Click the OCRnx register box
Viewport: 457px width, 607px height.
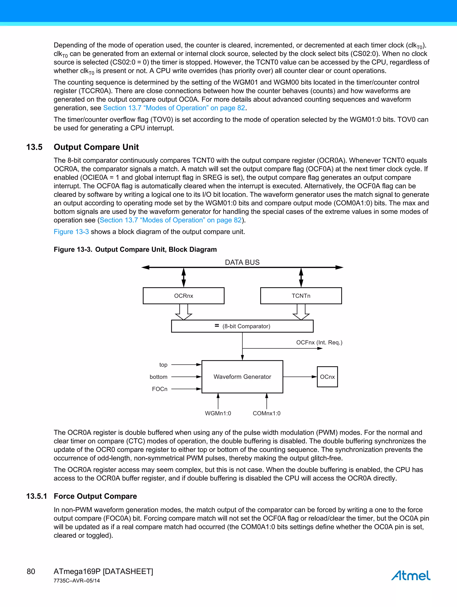[x=183, y=296]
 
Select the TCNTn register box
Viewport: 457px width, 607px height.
[x=301, y=296]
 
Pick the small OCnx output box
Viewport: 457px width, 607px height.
[x=327, y=377]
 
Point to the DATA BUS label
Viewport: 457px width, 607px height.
[x=242, y=262]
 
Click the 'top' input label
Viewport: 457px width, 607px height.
[x=163, y=365]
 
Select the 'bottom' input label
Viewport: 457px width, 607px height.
[x=159, y=377]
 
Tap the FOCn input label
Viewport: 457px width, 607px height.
[x=160, y=389]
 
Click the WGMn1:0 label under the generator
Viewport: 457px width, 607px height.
[x=218, y=413]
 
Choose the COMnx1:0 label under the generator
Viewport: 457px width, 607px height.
[x=267, y=413]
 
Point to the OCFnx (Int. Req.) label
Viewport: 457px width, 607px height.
[x=319, y=342]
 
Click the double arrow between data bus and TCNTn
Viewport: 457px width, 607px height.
[x=301, y=277]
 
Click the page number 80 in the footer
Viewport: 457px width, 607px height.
[x=31, y=571]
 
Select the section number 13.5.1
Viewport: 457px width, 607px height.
[x=36, y=496]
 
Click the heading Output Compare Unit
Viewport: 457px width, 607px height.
[x=96, y=147]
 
